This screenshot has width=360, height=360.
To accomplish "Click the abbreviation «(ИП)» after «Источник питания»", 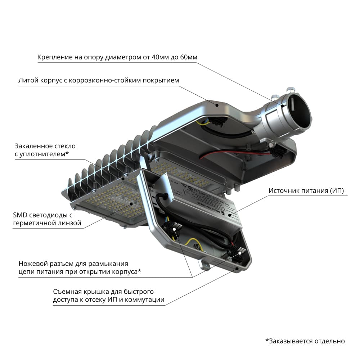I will [x=337, y=190].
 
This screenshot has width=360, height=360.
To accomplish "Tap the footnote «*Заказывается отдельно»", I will [x=305, y=341].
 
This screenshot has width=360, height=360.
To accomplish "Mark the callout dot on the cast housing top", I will [x=217, y=105].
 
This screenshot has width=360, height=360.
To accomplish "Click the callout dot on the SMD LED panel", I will [x=131, y=204].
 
